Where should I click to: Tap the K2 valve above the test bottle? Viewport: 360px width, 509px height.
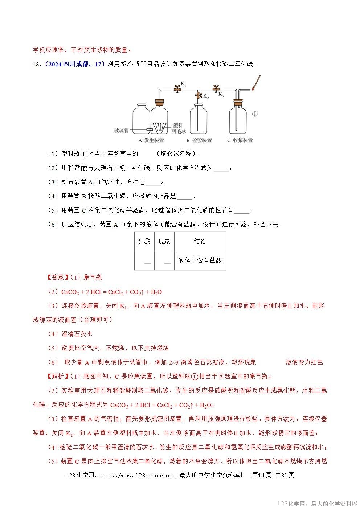(198, 95)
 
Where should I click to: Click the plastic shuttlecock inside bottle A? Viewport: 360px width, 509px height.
(160, 127)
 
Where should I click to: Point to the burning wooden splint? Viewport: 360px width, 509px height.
(257, 82)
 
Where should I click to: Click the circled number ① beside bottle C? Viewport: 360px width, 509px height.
(254, 114)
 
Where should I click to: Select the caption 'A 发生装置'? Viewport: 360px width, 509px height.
(151, 140)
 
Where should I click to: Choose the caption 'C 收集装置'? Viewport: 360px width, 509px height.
(240, 140)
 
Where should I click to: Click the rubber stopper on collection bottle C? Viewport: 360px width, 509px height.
(238, 102)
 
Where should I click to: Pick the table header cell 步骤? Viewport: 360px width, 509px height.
(144, 241)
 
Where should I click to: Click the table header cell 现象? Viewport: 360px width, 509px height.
(164, 241)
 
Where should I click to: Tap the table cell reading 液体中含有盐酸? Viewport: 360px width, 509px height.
(200, 260)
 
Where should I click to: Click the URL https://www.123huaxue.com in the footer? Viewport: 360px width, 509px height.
(136, 475)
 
